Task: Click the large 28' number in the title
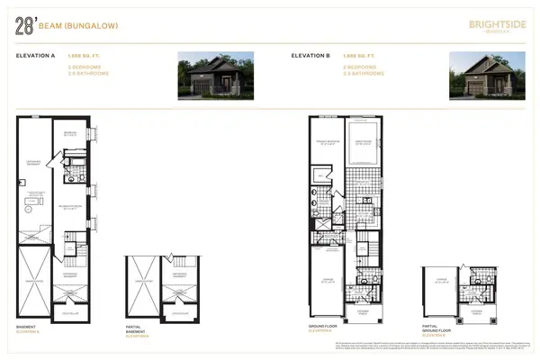(24, 27)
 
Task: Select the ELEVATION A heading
(37, 56)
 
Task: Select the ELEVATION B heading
(312, 56)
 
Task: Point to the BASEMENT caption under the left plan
(29, 327)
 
